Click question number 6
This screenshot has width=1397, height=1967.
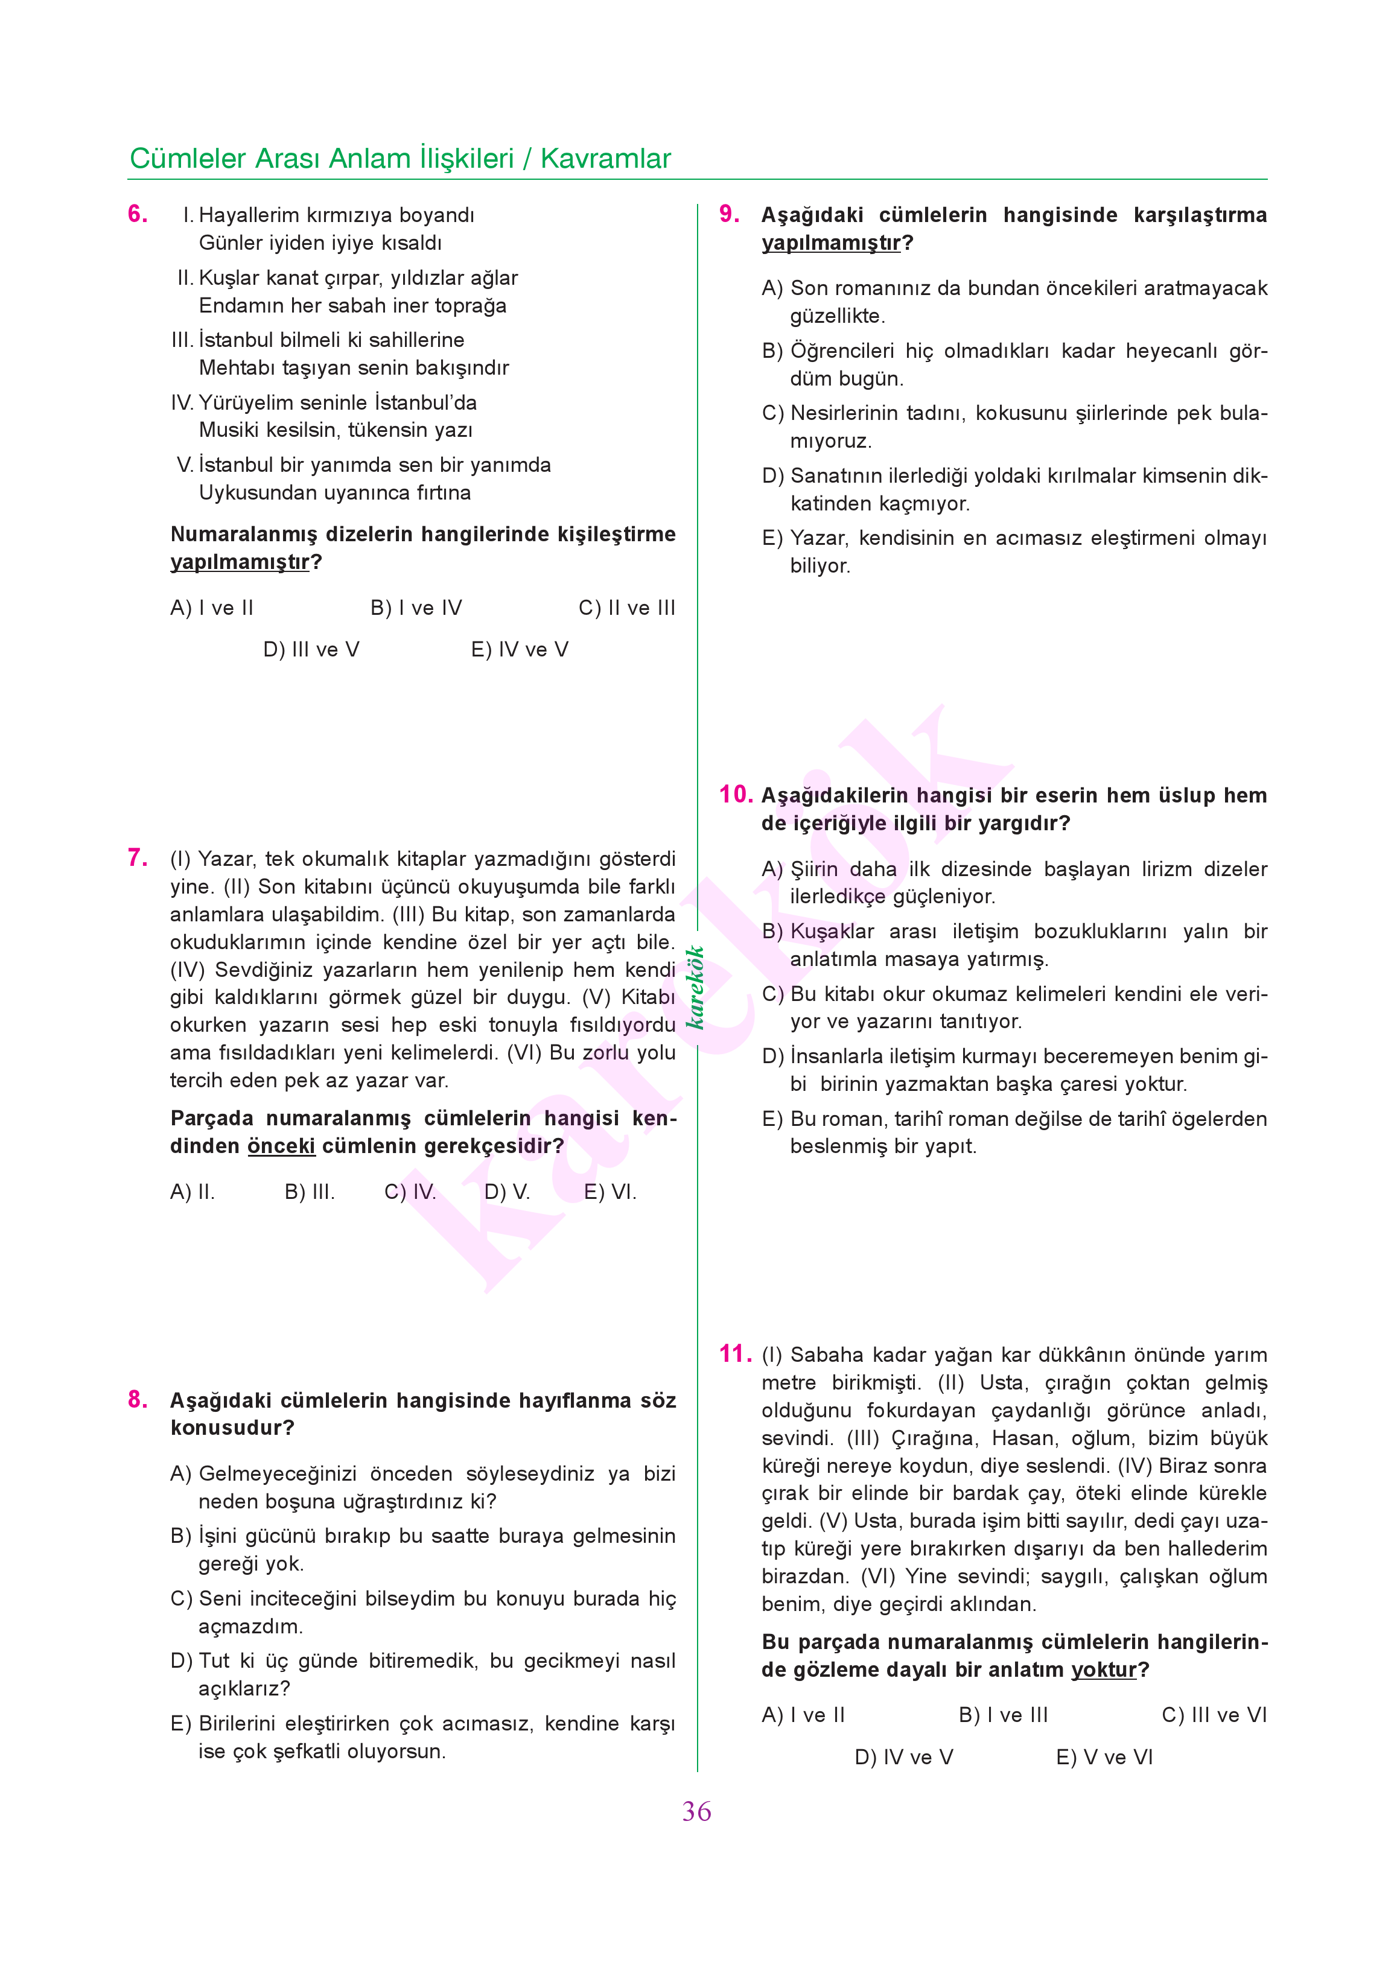pos(137,214)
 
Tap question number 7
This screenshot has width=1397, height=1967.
pos(137,857)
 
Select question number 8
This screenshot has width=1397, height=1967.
pos(137,1399)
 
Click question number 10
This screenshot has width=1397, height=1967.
pos(736,794)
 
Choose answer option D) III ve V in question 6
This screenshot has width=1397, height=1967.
pos(311,649)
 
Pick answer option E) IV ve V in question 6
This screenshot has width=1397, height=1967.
pos(519,649)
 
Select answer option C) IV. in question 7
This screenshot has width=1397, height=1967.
pos(410,1192)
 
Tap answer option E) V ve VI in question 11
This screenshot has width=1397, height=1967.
pos(1104,1757)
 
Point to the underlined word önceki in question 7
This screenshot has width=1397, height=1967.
pos(281,1146)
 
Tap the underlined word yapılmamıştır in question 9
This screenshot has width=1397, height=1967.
pos(831,243)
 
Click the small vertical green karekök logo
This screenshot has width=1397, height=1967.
pos(695,987)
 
